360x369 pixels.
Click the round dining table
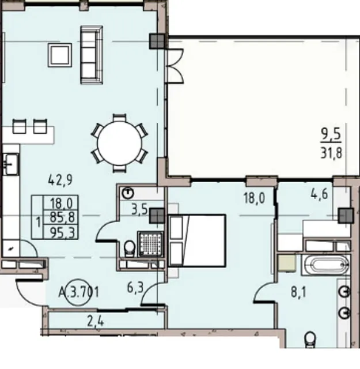[x=119, y=143]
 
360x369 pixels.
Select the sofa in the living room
[x=92, y=55]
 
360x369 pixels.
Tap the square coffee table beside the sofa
[x=60, y=55]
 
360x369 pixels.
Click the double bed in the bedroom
[x=197, y=240]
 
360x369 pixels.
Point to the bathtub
[x=326, y=265]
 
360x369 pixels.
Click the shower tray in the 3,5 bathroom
[x=150, y=243]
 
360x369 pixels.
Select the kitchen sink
[x=10, y=164]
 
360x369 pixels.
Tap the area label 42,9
[x=60, y=180]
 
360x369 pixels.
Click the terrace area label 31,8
[x=331, y=153]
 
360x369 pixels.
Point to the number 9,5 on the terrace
[x=331, y=135]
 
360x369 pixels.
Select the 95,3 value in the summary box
[x=62, y=233]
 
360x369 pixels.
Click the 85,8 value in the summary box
[x=62, y=217]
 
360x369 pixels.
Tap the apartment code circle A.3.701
[x=78, y=292]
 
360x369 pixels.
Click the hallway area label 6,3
[x=135, y=288]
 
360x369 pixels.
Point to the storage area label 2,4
[x=96, y=321]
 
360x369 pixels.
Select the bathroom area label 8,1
[x=298, y=292]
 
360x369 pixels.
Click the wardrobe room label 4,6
[x=319, y=194]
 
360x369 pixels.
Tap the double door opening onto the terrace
[x=174, y=66]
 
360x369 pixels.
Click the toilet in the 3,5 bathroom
[x=130, y=248]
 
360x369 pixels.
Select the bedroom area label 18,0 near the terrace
[x=255, y=198]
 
